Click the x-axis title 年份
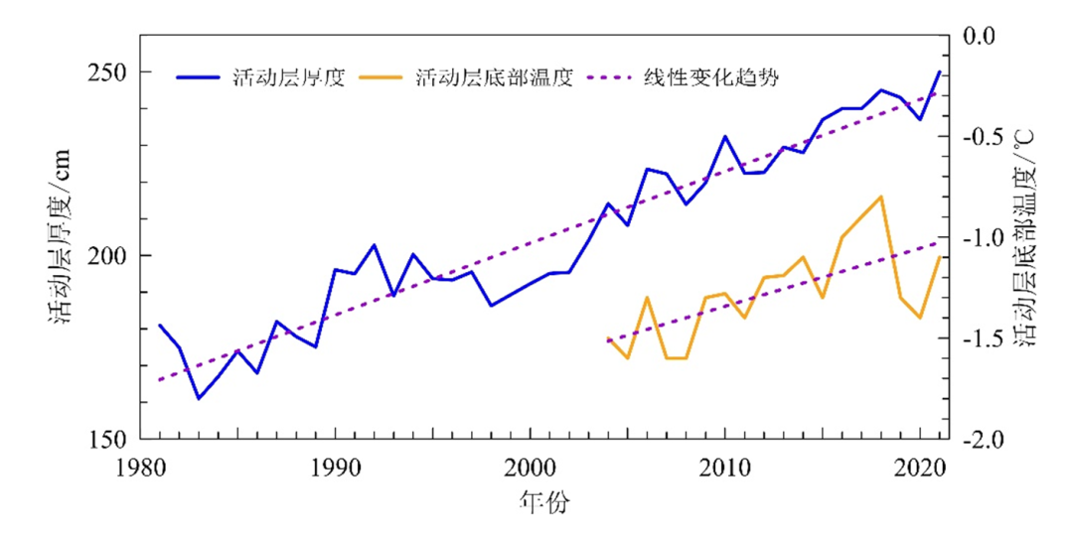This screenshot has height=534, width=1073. coord(544,502)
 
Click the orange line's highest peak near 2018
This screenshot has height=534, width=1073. coord(880,197)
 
